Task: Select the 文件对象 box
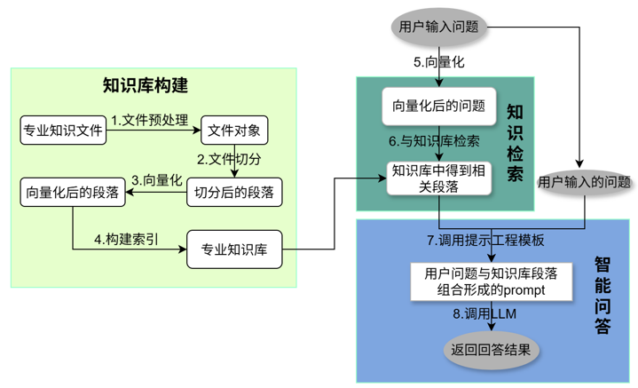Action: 233,131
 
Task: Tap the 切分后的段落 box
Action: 233,191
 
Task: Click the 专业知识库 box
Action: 234,249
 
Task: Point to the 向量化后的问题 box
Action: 438,107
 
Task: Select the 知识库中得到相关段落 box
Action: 438,177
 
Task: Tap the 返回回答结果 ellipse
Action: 491,349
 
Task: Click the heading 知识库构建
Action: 146,86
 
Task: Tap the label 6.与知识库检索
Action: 435,141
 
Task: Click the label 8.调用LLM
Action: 484,314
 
